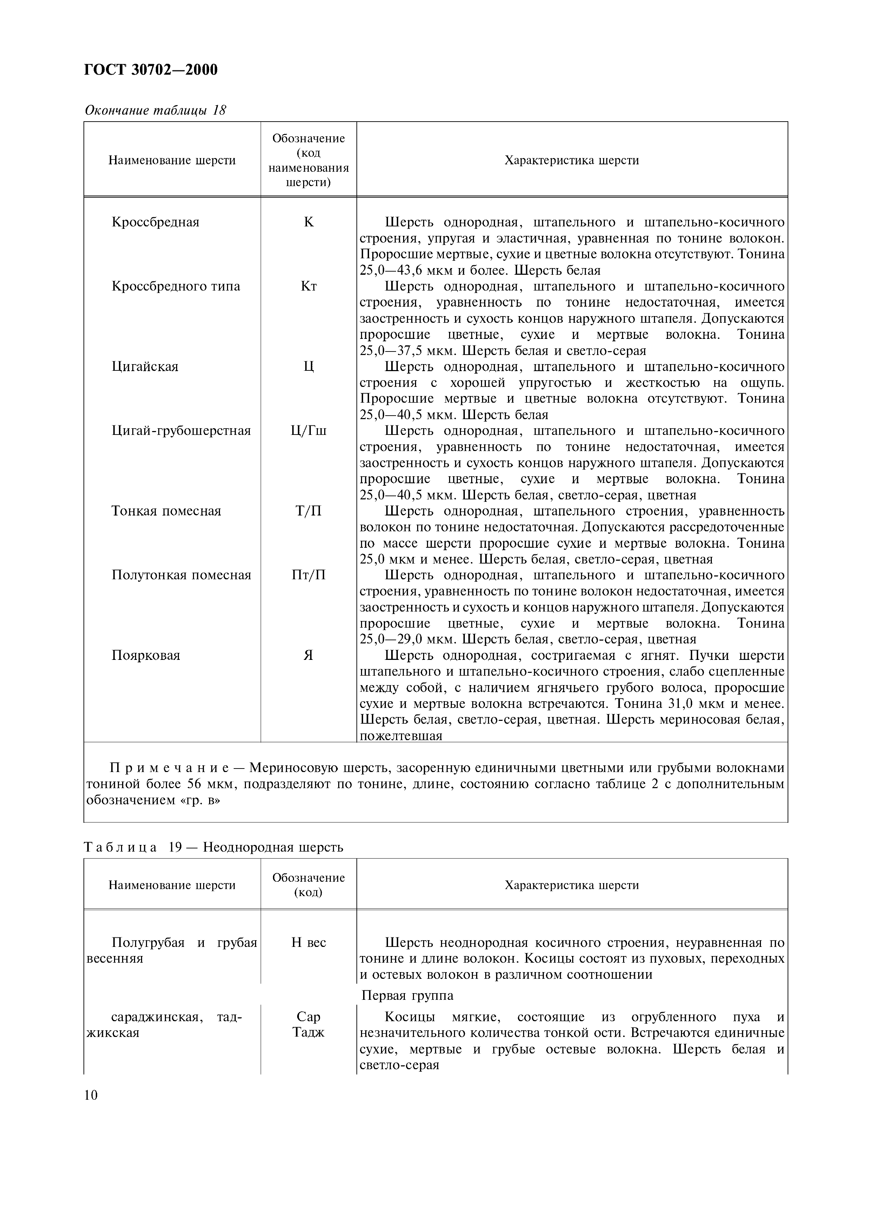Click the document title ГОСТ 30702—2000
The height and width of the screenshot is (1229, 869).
[x=151, y=70]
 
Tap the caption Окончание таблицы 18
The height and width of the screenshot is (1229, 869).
[x=155, y=110]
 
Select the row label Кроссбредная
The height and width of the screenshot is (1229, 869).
[x=155, y=222]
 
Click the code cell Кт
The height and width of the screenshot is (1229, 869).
[x=309, y=286]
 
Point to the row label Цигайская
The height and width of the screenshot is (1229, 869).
[x=145, y=367]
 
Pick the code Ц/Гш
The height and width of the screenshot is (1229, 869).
[x=309, y=431]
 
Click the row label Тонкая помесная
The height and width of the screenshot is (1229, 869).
[x=166, y=511]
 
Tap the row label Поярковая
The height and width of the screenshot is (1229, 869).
[x=146, y=656]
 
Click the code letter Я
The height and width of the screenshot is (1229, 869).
[x=309, y=656]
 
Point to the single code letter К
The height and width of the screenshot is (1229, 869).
[x=309, y=222]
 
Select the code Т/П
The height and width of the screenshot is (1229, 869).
[x=309, y=511]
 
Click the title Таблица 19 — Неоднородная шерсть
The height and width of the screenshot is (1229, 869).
[x=213, y=847]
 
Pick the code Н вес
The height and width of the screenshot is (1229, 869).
[x=309, y=943]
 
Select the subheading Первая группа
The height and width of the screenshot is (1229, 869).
[x=407, y=996]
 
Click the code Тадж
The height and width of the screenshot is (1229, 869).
[x=309, y=1032]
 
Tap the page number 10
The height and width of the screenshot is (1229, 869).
[x=91, y=1096]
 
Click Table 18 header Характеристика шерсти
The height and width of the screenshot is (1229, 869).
[x=571, y=161]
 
